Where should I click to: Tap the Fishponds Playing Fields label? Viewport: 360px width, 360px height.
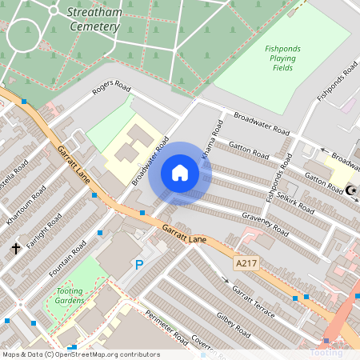click(282, 58)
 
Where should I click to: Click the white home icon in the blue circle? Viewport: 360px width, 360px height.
click(180, 173)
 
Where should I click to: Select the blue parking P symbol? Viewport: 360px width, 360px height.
click(139, 265)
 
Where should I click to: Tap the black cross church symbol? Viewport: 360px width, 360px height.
click(15, 249)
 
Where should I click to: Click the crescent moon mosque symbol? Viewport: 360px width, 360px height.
click(352, 190)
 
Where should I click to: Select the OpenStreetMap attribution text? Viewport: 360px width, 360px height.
click(80, 354)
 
